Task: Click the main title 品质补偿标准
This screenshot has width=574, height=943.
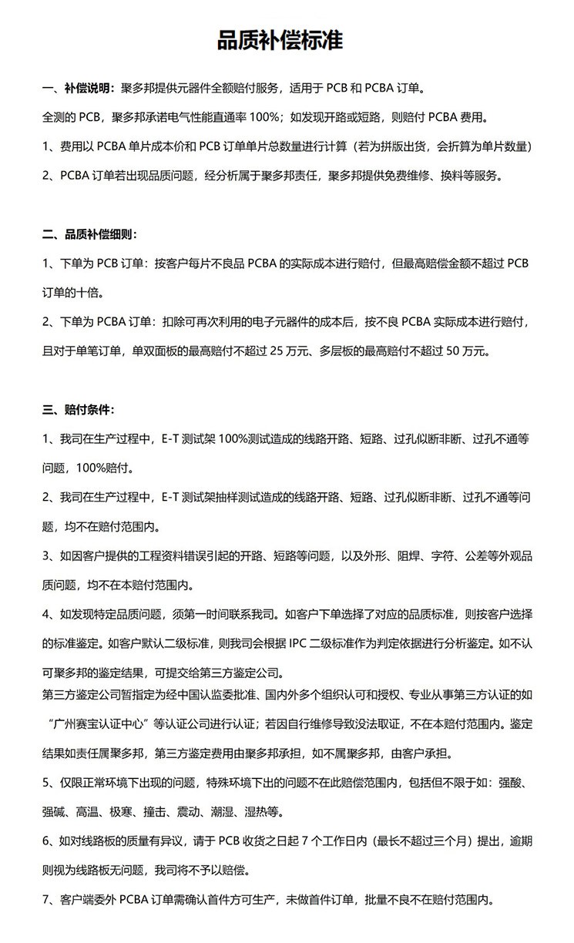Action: (x=287, y=40)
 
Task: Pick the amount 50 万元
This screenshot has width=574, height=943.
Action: (x=462, y=351)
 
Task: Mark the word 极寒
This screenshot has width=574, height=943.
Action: (x=125, y=811)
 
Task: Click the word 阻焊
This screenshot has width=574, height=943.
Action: (x=401, y=555)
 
